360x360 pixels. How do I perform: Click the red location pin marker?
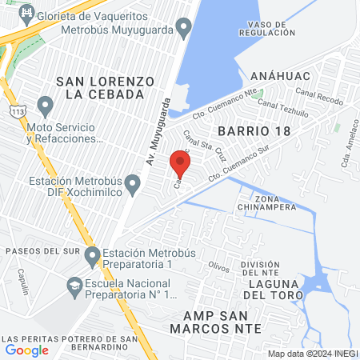180,165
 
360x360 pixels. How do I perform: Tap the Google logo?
26,350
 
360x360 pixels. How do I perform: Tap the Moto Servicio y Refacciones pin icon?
45,105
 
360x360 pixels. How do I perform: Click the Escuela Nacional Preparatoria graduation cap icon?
74,285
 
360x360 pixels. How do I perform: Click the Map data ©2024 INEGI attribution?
311,354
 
